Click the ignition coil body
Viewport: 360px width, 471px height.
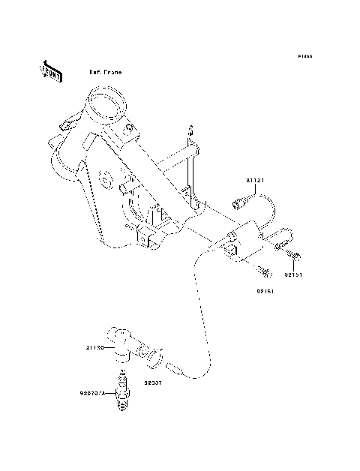244,241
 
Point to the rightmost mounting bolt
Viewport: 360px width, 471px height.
294,258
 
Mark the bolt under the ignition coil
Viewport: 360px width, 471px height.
262,269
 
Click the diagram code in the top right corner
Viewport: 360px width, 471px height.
304,56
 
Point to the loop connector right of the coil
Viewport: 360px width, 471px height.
283,241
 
